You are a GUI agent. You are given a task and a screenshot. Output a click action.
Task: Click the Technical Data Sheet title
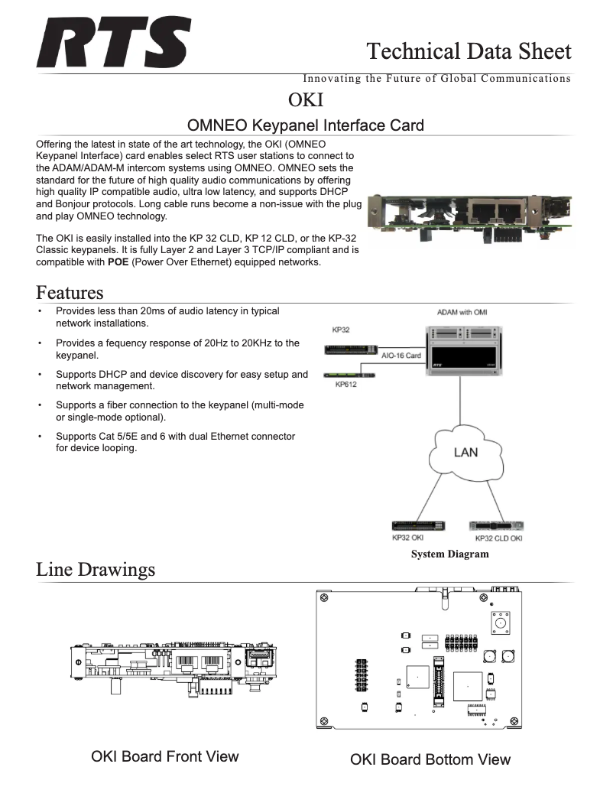[468, 51]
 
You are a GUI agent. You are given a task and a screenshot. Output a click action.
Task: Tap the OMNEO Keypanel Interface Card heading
[306, 125]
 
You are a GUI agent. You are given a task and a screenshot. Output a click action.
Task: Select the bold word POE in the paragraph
[118, 262]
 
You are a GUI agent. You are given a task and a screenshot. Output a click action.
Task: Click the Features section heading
[70, 293]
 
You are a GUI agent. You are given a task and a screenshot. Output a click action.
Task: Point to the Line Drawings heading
[96, 570]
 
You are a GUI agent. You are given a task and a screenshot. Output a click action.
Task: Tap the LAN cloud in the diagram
[465, 453]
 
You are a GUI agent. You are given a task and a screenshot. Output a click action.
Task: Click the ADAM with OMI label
[462, 312]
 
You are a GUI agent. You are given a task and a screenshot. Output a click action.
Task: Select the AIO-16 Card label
[401, 356]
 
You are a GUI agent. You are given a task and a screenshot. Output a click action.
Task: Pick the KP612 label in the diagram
[347, 385]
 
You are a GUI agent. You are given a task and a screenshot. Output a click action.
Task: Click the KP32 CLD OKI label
[498, 538]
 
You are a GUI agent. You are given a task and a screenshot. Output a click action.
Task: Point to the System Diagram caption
[449, 554]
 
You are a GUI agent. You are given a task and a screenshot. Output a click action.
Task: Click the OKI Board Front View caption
[164, 756]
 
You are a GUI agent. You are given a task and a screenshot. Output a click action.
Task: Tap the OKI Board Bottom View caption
[430, 759]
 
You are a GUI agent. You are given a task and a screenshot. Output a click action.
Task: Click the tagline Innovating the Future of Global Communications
[436, 78]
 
